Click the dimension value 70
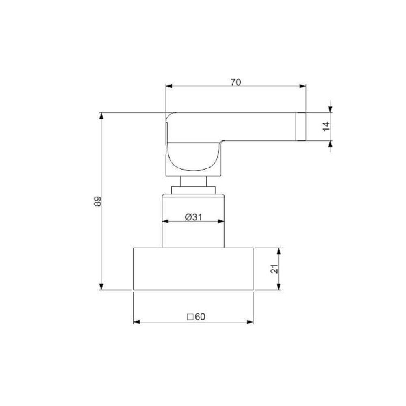[236, 82]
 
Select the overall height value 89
[97, 201]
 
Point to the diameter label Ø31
[193, 217]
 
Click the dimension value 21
[274, 268]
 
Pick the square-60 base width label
[195, 317]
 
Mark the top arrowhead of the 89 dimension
[101, 116]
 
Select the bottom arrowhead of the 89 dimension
[101, 287]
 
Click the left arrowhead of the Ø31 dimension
[165, 221]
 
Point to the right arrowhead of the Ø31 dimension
[221, 221]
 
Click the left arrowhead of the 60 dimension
[136, 322]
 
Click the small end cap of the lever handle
[300, 126]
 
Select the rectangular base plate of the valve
[193, 269]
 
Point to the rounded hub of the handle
[193, 156]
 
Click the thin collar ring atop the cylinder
[193, 190]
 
